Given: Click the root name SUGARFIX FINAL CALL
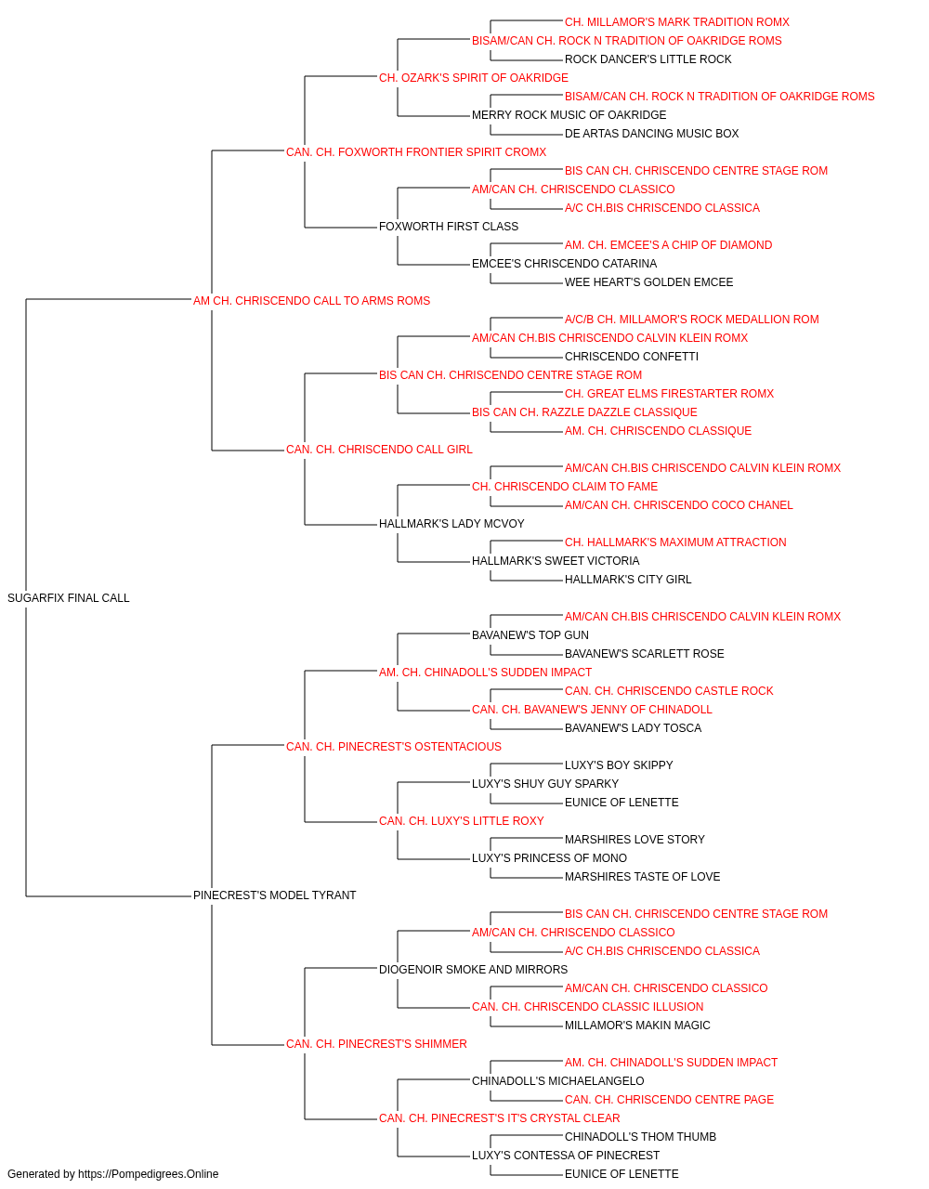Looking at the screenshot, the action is tap(69, 597).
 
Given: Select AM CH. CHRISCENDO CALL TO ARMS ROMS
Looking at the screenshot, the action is tap(311, 300).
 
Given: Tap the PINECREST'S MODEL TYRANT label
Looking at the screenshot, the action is tap(274, 895).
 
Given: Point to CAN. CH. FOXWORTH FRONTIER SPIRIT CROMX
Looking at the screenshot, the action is tap(416, 151).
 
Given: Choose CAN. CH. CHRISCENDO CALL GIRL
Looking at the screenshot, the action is tap(379, 450).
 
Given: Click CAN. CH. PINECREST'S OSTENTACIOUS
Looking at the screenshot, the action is tap(393, 746).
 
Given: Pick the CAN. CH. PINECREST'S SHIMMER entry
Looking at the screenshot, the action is tap(376, 1043).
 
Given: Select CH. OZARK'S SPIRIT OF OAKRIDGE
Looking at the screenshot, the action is tap(473, 78).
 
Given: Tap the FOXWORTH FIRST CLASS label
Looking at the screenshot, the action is tap(448, 226).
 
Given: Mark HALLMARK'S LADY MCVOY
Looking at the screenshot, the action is tap(451, 524).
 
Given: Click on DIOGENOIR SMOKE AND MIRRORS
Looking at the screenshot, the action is tap(473, 969).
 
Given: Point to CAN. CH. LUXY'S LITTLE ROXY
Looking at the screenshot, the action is tap(461, 821).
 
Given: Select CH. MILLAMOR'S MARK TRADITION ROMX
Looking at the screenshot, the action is tap(677, 22).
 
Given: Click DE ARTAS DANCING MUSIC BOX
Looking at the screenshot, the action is tap(651, 133).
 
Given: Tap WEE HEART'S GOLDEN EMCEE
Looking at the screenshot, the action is tap(648, 281).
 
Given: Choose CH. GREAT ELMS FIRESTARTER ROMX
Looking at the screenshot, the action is tap(669, 394).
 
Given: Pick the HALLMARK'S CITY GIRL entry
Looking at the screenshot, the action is tap(628, 579).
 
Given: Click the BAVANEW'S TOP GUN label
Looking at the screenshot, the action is tap(530, 634).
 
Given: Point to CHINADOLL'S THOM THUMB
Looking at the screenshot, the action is tap(640, 1136).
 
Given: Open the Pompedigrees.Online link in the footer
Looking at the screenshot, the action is tap(148, 1174).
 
